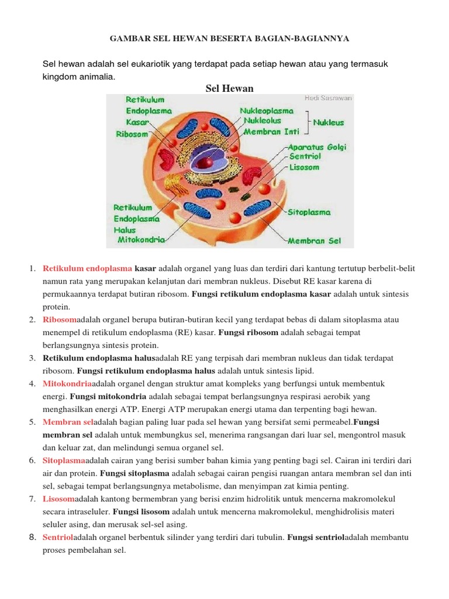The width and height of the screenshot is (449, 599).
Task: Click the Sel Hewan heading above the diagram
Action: (x=230, y=88)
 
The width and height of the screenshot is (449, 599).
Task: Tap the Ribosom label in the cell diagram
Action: (x=132, y=134)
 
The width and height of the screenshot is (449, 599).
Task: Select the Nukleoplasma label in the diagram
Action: (x=266, y=110)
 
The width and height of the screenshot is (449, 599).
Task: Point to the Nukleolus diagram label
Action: (x=263, y=120)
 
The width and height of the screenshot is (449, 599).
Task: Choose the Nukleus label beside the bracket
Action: (x=329, y=123)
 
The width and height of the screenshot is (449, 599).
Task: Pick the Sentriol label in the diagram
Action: (x=305, y=157)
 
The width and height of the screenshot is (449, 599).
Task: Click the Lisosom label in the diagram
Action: (x=305, y=167)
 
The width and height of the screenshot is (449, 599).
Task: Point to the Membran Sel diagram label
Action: (x=313, y=240)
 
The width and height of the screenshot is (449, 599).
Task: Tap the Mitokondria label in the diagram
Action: (x=141, y=239)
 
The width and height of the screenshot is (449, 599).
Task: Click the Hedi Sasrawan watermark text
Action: (x=328, y=98)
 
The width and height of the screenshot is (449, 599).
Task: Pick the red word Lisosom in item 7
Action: (x=58, y=498)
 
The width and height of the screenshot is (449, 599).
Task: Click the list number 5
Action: (x=32, y=422)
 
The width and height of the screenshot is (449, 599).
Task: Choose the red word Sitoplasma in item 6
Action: (x=64, y=460)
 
